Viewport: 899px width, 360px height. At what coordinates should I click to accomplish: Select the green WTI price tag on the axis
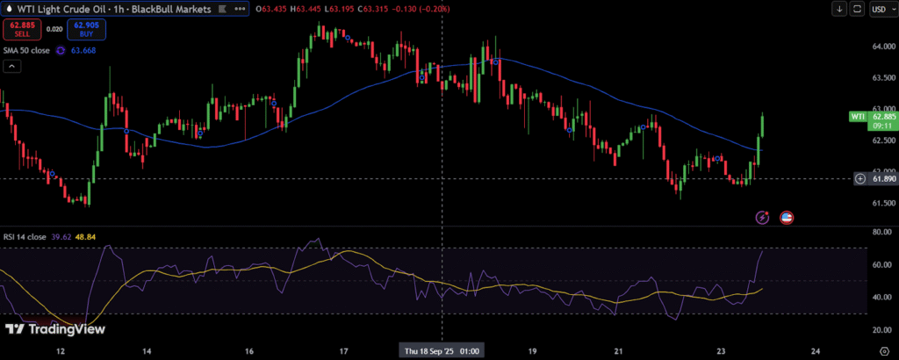tap(858, 116)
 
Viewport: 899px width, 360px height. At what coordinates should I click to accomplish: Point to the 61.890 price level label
tap(881, 178)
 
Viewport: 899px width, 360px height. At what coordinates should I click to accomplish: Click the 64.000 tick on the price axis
tap(881, 47)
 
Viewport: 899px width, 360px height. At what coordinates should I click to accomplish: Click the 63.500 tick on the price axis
tap(881, 78)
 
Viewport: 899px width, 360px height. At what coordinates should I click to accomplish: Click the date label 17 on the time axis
tap(343, 350)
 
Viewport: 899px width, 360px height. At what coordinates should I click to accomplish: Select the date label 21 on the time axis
tap(620, 350)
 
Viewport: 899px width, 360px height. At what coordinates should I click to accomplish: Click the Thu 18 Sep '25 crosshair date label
tap(441, 350)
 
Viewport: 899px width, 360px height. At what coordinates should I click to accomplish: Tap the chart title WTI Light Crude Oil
tap(70, 9)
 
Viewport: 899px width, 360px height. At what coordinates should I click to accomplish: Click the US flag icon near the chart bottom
tap(787, 217)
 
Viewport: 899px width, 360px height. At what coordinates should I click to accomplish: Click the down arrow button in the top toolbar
tap(840, 10)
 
